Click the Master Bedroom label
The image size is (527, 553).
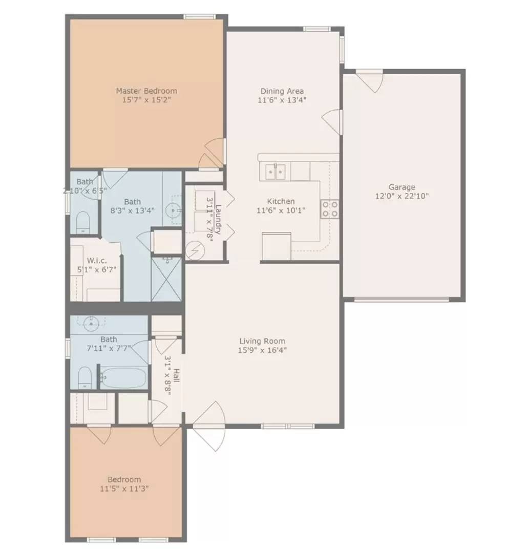coord(146,91)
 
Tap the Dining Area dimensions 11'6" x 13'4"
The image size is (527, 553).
coord(282,100)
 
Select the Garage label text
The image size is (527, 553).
coord(402,187)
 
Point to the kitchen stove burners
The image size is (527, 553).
coord(329,209)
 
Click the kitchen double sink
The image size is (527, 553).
coord(275,172)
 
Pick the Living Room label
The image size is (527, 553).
coord(262,341)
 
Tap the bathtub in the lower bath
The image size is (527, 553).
coord(123,378)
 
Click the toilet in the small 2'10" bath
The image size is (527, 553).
coord(83,223)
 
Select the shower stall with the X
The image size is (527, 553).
coord(166,280)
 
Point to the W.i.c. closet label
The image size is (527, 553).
coord(97,261)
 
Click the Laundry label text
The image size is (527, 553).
coord(218,219)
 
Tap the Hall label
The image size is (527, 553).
coord(176,375)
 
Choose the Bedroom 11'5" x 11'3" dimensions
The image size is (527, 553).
coord(124,489)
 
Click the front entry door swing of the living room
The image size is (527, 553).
coord(209,427)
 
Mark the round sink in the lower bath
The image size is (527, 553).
coord(91,323)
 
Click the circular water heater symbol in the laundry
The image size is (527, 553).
coord(195,251)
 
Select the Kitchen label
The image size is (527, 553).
coord(281,201)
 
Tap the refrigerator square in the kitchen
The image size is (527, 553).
coord(277,246)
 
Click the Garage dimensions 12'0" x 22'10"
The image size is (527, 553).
coord(402,197)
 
